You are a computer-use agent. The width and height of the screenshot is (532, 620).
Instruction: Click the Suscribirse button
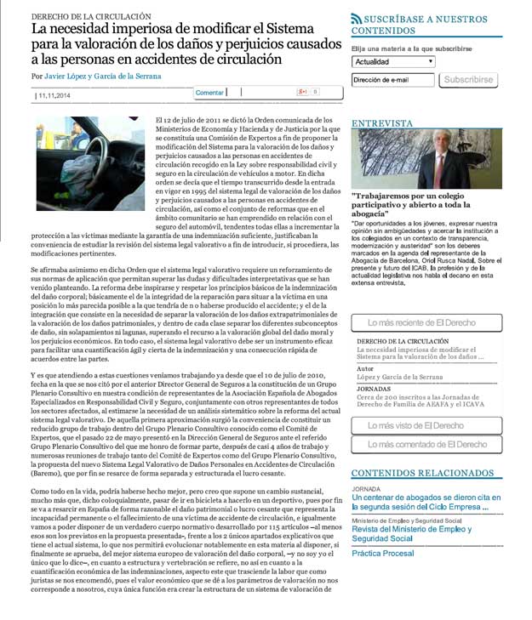click(x=468, y=80)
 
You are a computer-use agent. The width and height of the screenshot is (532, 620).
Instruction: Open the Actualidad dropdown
click(x=393, y=61)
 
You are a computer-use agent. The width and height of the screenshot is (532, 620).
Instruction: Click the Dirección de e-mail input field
click(x=393, y=80)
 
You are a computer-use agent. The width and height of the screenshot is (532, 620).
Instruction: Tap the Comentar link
click(x=209, y=92)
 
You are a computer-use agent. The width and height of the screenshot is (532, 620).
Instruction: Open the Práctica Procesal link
click(x=383, y=553)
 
